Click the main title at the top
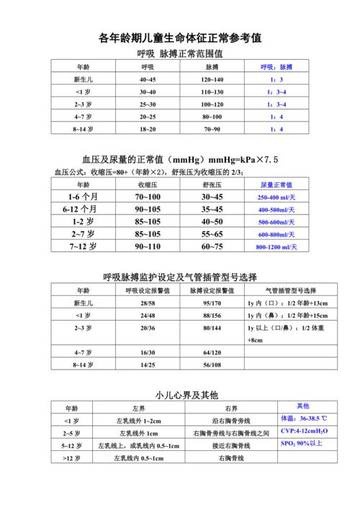click(179, 37)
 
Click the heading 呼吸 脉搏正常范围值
click(179, 54)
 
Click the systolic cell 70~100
click(148, 197)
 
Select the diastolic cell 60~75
click(212, 246)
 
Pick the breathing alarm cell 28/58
click(148, 303)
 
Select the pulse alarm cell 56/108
click(212, 365)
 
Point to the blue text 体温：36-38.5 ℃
click(303, 419)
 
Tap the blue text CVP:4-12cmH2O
click(303, 431)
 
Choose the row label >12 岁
click(71, 457)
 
